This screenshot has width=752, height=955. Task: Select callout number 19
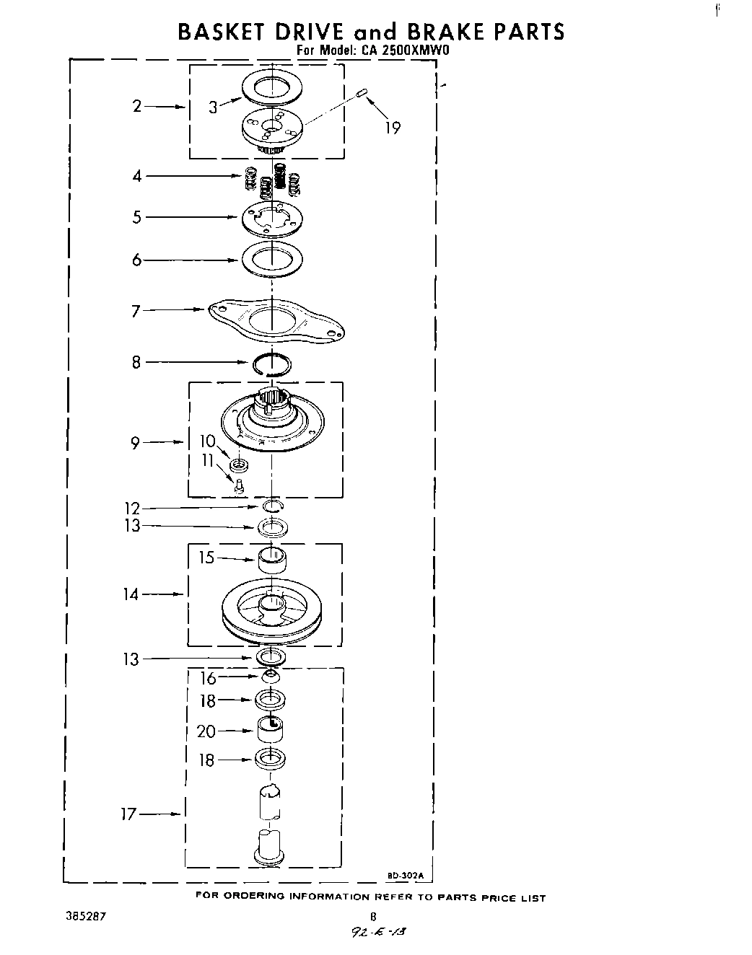pyautogui.click(x=392, y=128)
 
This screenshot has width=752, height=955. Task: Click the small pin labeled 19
pyautogui.click(x=363, y=92)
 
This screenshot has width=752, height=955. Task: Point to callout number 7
pyautogui.click(x=136, y=311)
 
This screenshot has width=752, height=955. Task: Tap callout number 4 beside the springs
pyautogui.click(x=136, y=175)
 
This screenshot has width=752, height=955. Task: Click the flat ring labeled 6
pyautogui.click(x=272, y=258)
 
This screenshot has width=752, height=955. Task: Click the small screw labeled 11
pyautogui.click(x=239, y=487)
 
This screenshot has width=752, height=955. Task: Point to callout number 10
pyautogui.click(x=208, y=441)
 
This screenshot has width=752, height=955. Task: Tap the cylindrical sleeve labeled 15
pyautogui.click(x=271, y=560)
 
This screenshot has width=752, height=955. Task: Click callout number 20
pyautogui.click(x=206, y=731)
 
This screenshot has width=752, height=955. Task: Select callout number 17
pyautogui.click(x=128, y=814)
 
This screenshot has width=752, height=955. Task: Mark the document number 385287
pyautogui.click(x=85, y=917)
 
